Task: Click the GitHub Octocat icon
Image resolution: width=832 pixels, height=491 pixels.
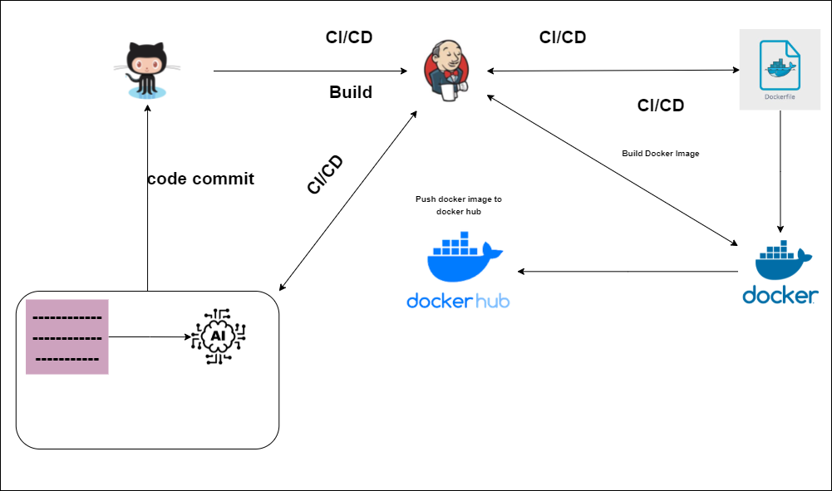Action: [x=147, y=71]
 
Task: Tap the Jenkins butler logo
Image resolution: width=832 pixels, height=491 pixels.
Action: [x=446, y=70]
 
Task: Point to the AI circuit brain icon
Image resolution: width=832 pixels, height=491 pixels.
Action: [x=219, y=336]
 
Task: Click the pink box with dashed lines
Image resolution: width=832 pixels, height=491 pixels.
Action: [x=67, y=336]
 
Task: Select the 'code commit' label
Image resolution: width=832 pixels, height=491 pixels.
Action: [x=200, y=179]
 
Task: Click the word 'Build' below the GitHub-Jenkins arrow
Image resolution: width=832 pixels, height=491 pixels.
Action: [x=351, y=92]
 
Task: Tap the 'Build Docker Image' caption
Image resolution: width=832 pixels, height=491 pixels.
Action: [x=660, y=154]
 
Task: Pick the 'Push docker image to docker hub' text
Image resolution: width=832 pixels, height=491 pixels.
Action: [x=458, y=205]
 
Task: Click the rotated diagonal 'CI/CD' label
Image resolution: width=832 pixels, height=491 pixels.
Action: [x=325, y=174]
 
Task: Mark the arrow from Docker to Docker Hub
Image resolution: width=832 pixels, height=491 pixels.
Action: [x=628, y=272]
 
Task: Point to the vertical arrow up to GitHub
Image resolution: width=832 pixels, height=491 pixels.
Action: [x=147, y=199]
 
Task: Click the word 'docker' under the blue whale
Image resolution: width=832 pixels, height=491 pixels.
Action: [x=780, y=295]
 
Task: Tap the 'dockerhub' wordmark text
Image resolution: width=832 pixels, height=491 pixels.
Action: [x=458, y=301]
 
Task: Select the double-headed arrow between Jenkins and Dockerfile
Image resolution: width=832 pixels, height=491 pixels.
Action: [x=613, y=71]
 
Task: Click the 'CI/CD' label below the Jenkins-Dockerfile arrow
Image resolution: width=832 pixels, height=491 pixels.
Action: [x=661, y=106]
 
